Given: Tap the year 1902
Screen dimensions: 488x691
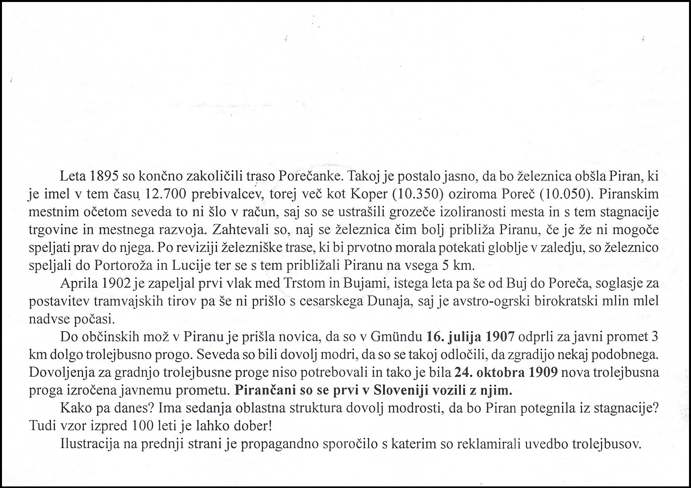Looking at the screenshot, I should click(x=116, y=283).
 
